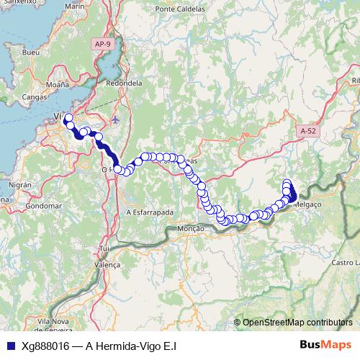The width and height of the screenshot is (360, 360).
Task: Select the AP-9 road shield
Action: click(103, 45)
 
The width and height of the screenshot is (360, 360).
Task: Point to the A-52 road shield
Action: click(307, 131)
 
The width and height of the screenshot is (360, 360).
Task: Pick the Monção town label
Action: click(191, 228)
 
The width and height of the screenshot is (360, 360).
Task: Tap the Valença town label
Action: click(108, 265)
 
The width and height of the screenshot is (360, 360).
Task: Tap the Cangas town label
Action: click(35, 96)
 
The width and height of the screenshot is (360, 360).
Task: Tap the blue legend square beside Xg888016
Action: click(10, 346)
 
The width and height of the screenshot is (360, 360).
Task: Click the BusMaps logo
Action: click(320, 346)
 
